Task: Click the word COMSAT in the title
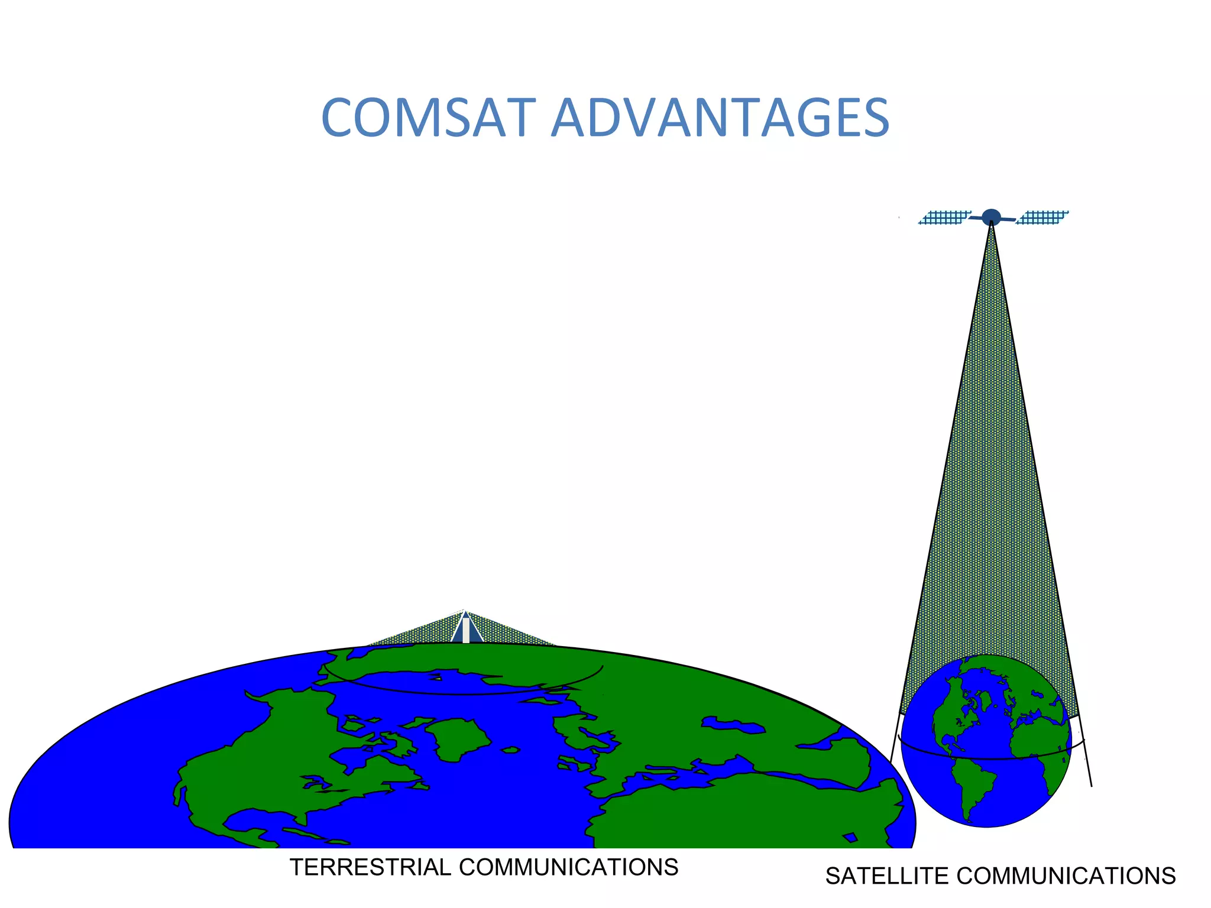pyautogui.click(x=425, y=118)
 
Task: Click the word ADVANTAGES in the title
pyautogui.click(x=720, y=118)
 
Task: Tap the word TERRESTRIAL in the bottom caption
pyautogui.click(x=370, y=867)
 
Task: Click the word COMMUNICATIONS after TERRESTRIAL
pyautogui.click(x=568, y=867)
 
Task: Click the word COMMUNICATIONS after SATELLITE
pyautogui.click(x=1066, y=876)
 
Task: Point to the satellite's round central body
pyautogui.click(x=991, y=217)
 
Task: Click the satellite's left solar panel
pyautogui.click(x=944, y=218)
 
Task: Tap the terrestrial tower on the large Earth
pyautogui.click(x=466, y=628)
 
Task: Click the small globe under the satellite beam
pyautogui.click(x=986, y=741)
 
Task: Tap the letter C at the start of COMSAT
pyautogui.click(x=339, y=118)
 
